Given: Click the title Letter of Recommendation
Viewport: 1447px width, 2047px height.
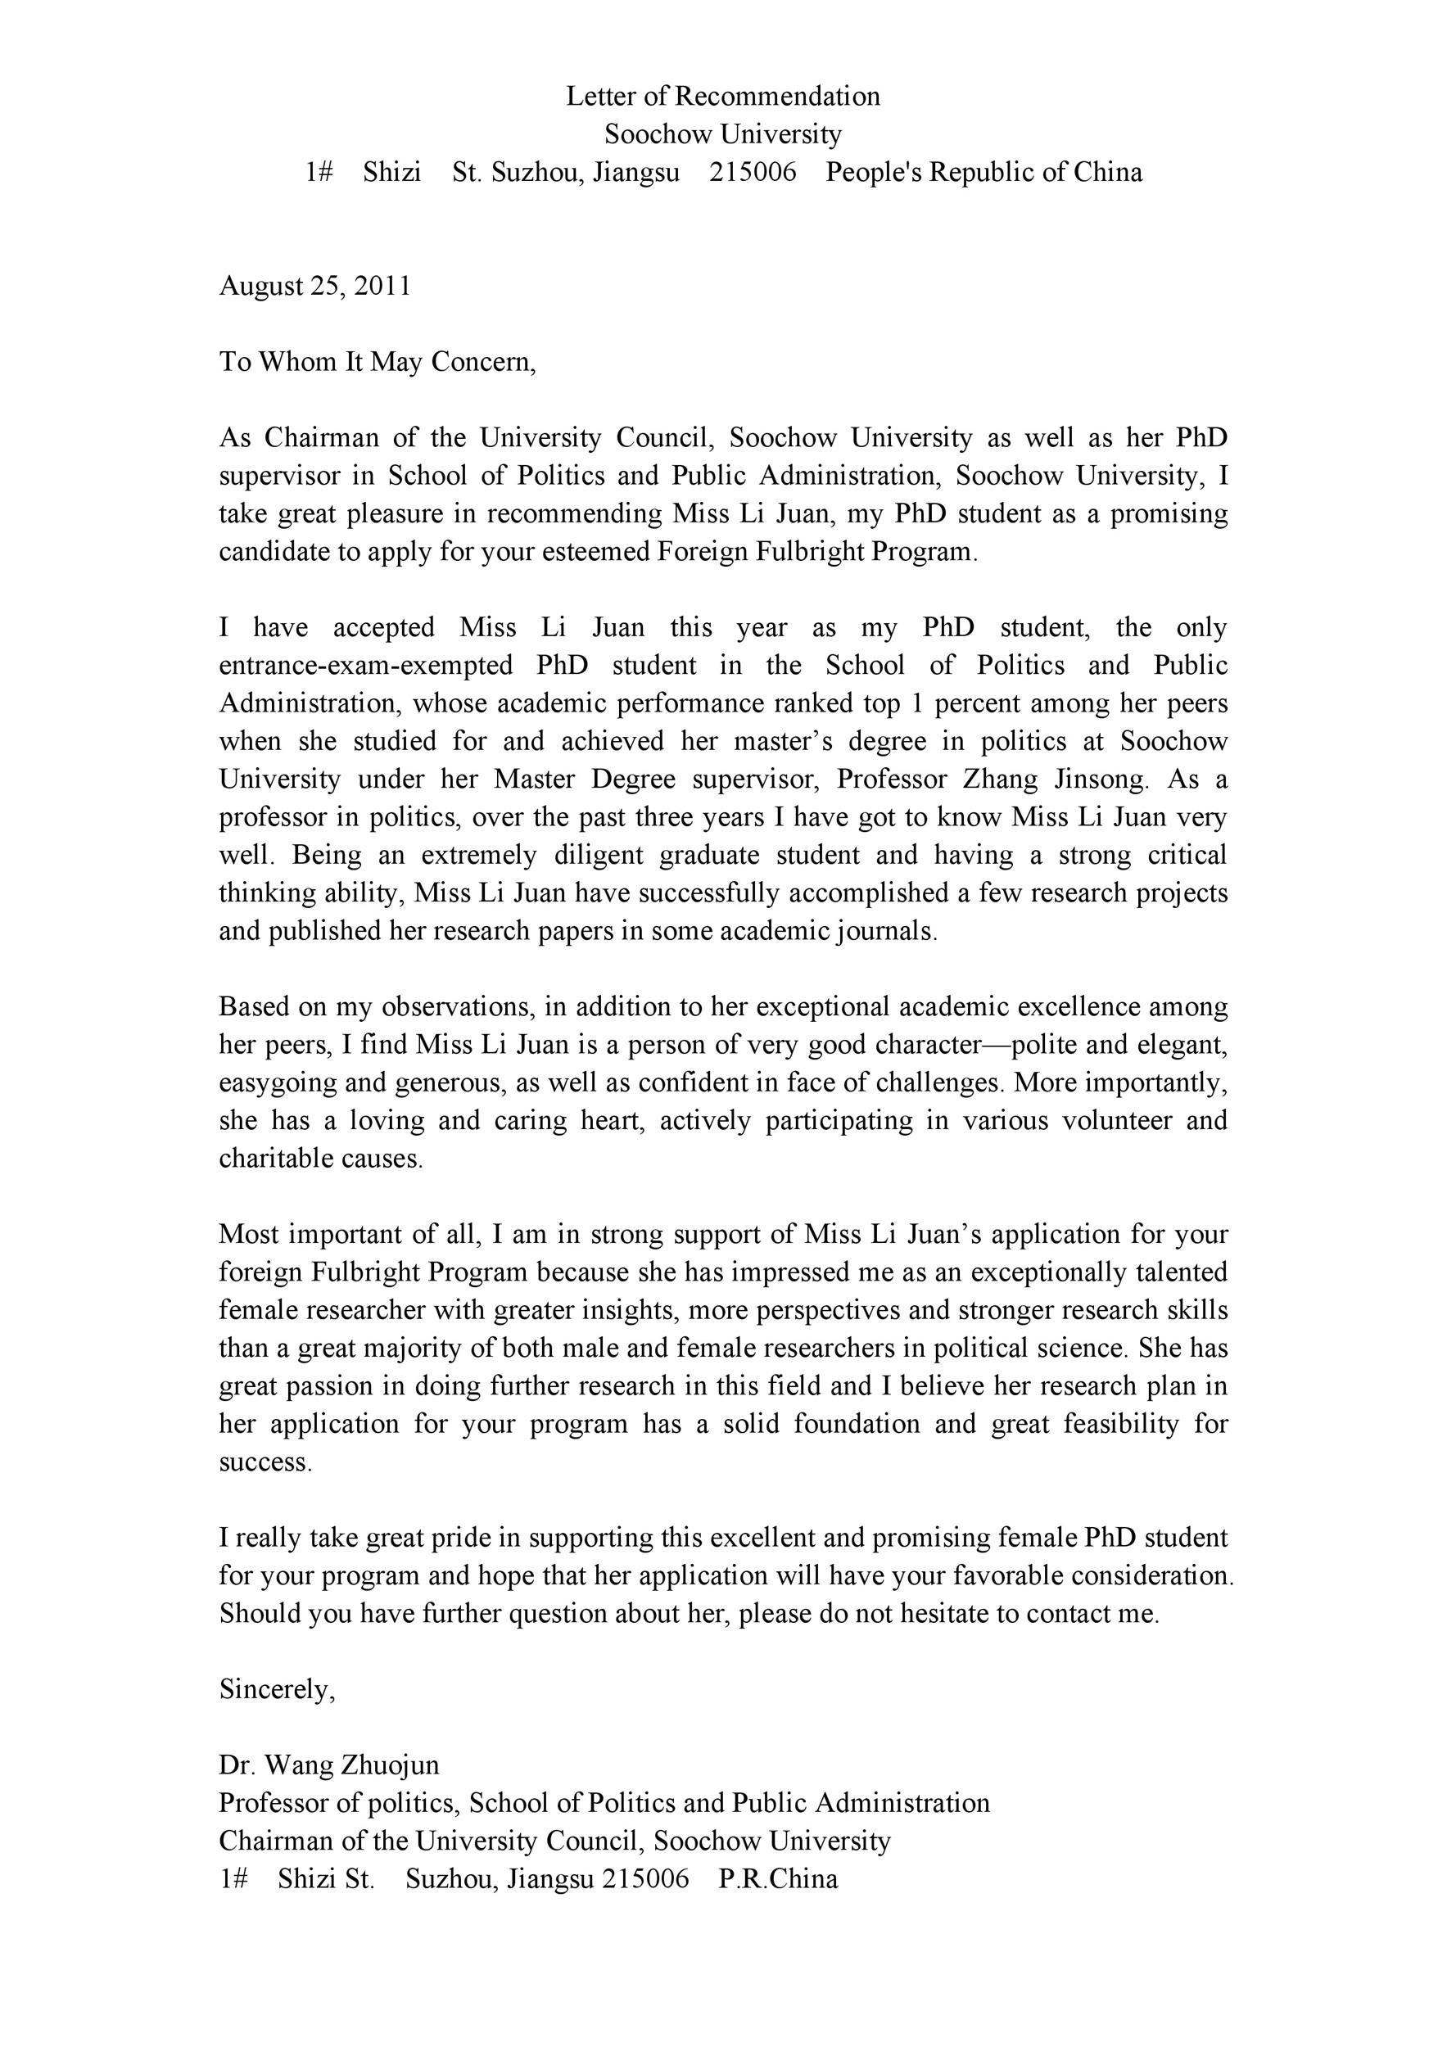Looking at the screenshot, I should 722,97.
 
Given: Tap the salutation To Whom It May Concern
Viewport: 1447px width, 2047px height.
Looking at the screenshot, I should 378,361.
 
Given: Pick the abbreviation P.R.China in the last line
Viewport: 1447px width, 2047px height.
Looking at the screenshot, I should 777,1878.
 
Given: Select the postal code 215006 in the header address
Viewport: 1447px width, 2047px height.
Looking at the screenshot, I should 753,172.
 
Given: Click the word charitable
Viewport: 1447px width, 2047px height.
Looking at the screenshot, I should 272,1158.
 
